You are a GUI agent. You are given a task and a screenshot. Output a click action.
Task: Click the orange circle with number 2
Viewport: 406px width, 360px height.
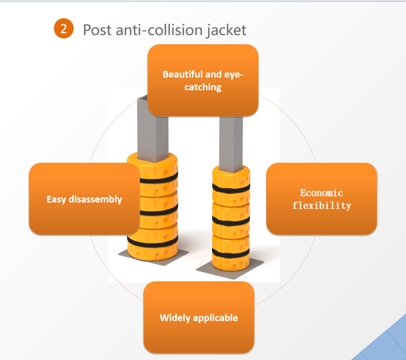pos(63,28)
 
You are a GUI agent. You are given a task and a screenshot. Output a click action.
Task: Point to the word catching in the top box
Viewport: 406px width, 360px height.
pos(203,87)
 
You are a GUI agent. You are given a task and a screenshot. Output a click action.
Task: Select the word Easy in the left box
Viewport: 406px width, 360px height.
pos(56,199)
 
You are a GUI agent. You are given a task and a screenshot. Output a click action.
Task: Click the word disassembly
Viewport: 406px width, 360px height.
pos(95,199)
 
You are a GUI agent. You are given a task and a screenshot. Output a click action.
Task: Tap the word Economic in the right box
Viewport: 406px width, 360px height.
pos(321,193)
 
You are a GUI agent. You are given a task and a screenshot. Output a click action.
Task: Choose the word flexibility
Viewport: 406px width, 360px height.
pos(321,206)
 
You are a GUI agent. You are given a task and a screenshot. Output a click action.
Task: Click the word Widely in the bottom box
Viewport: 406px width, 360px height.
pos(175,318)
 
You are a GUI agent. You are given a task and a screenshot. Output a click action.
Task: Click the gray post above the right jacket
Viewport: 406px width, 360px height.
pos(231,142)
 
